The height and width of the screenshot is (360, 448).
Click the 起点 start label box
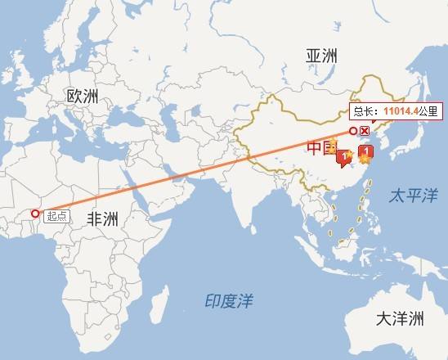pyautogui.click(x=56, y=216)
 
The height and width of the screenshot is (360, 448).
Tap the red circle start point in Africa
pyautogui.click(x=34, y=214)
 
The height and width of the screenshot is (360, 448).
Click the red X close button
pyautogui.click(x=365, y=131)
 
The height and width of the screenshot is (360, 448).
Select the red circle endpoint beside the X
pyautogui.click(x=354, y=131)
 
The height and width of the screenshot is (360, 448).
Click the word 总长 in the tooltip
pyautogui.click(x=364, y=113)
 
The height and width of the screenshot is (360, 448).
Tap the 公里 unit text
pyautogui.click(x=428, y=113)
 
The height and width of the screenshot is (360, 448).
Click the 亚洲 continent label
pyautogui.click(x=321, y=56)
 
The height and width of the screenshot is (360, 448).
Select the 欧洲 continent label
pyautogui.click(x=83, y=97)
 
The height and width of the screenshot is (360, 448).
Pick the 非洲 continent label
pyautogui.click(x=102, y=219)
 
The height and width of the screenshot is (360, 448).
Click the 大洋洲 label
pyautogui.click(x=400, y=318)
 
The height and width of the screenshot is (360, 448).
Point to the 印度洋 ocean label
pyautogui.click(x=228, y=301)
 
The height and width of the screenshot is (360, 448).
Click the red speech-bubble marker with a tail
pyautogui.click(x=343, y=156)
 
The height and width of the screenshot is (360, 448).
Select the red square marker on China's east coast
pyautogui.click(x=366, y=152)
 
